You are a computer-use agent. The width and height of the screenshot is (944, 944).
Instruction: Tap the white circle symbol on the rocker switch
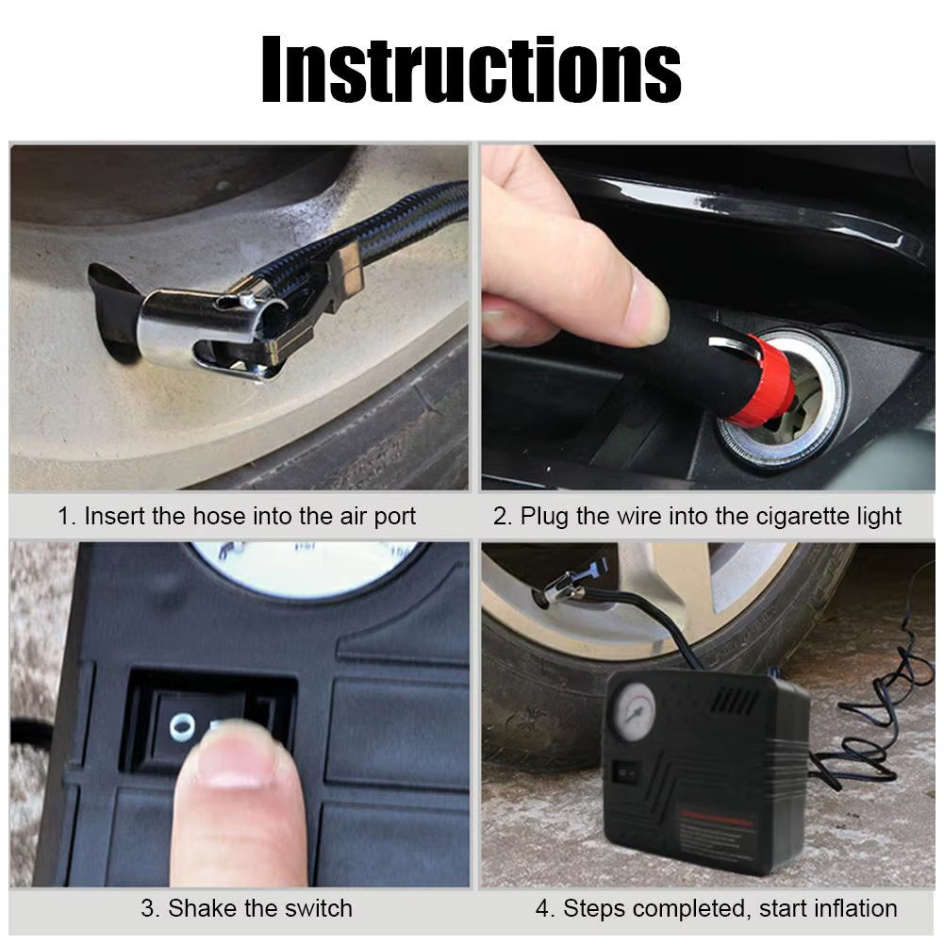181,725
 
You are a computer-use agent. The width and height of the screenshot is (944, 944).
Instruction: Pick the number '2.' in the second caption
503,517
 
